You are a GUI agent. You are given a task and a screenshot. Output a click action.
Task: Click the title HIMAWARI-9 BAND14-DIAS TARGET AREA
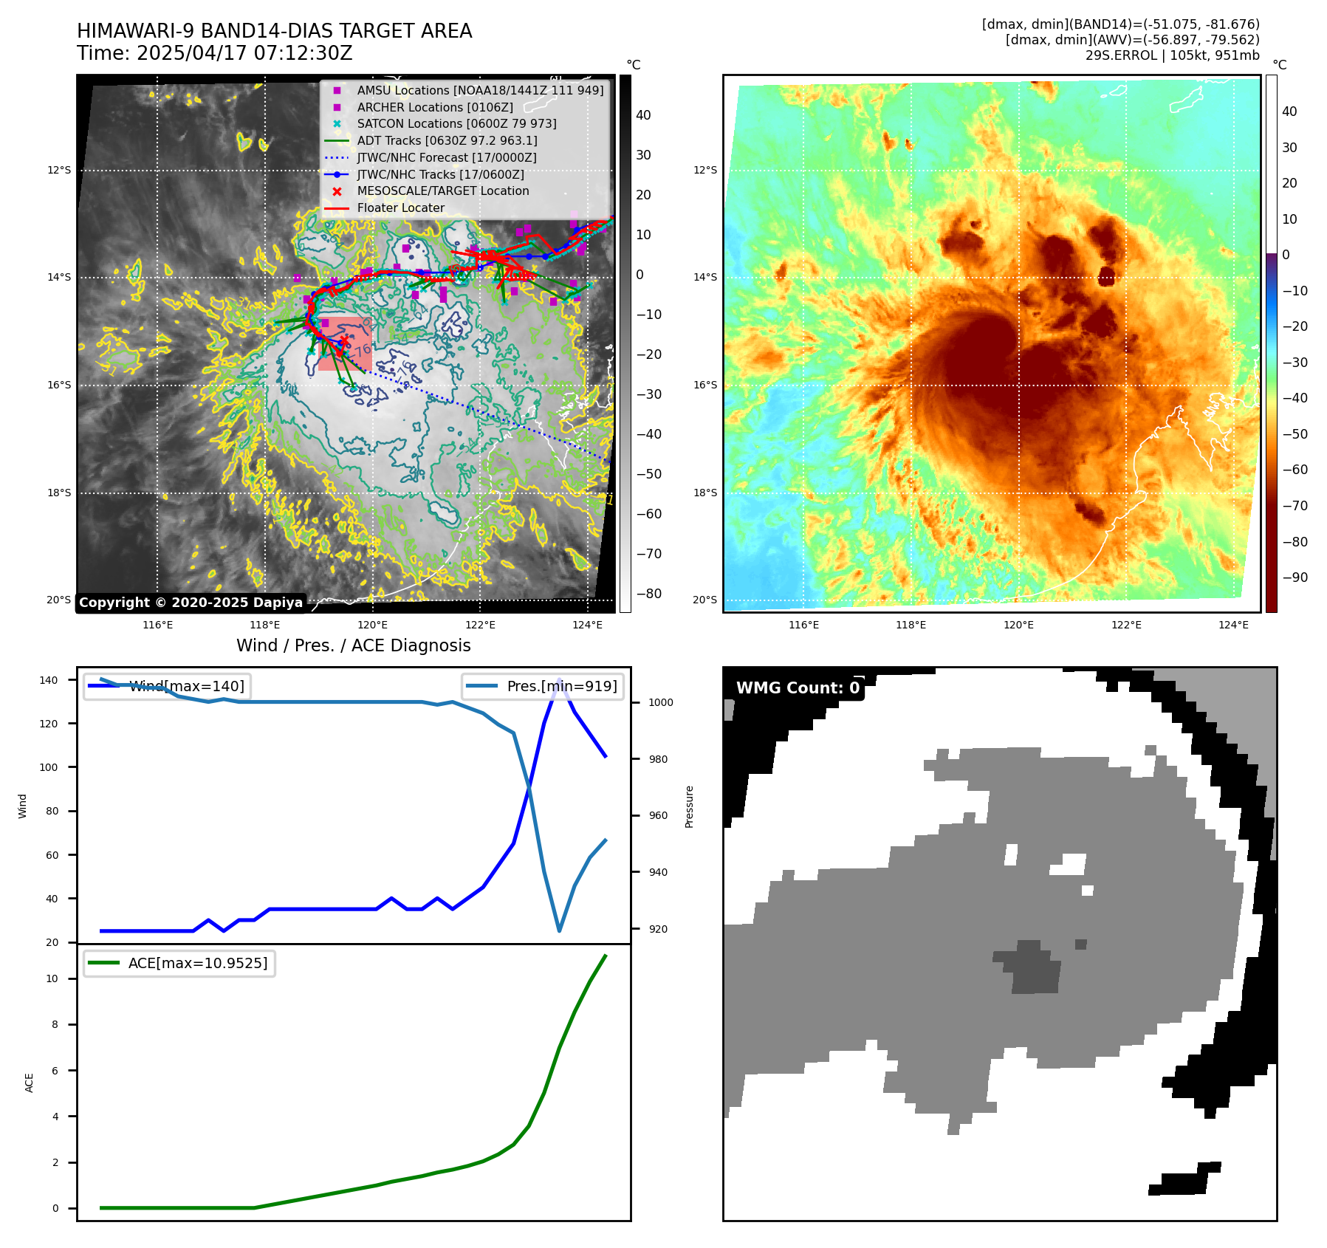[274, 31]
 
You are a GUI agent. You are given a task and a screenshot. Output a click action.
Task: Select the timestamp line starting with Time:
[214, 53]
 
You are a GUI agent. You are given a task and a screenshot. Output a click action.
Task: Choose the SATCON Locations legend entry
[456, 123]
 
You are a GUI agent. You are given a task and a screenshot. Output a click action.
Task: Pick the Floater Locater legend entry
[400, 208]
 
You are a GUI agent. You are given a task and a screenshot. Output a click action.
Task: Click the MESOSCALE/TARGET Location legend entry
[442, 191]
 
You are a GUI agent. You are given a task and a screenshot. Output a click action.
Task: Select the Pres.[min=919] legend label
[561, 686]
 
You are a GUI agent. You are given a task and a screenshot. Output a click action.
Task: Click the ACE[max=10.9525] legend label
[197, 963]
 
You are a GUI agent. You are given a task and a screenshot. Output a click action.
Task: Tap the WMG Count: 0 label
[798, 688]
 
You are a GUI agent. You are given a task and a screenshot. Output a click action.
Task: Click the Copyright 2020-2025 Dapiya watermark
[191, 602]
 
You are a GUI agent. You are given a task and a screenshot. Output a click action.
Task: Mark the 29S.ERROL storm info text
[1172, 55]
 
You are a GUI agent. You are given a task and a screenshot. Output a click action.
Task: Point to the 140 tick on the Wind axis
[49, 680]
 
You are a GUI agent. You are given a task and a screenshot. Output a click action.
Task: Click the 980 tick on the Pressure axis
[660, 759]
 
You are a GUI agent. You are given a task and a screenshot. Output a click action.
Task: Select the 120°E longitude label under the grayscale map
[372, 625]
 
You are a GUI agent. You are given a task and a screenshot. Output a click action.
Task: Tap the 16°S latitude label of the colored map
[705, 385]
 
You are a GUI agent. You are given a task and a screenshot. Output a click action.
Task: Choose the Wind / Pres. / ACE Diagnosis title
[353, 645]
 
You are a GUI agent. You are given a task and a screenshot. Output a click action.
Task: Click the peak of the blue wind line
[560, 679]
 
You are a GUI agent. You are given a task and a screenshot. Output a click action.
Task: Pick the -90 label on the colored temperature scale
[1295, 577]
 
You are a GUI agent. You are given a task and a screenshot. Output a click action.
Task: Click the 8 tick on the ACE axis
[55, 1024]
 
